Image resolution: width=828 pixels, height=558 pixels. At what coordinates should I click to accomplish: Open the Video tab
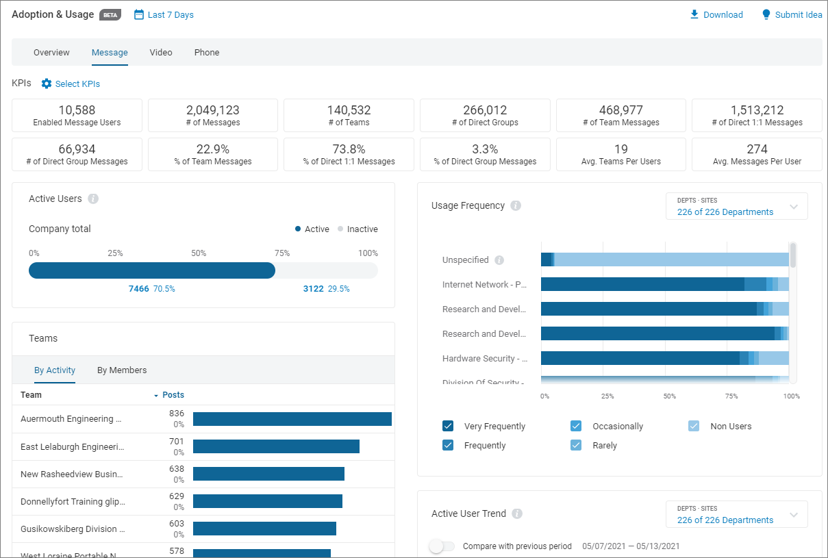coord(161,53)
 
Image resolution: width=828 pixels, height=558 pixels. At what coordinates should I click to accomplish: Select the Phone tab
coord(207,53)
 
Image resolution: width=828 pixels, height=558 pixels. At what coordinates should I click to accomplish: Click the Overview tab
coord(51,53)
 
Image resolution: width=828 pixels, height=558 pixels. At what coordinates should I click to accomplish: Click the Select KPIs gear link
coord(71,84)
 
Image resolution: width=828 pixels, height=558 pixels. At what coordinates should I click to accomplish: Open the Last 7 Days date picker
coord(164,15)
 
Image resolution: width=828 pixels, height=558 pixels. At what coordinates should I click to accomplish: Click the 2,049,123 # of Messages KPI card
coord(213,115)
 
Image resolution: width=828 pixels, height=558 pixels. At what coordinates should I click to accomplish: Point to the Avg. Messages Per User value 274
coord(757,149)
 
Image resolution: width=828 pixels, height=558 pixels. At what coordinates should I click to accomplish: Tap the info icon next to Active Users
coord(93,199)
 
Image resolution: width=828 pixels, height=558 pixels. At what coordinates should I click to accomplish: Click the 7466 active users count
coord(139,289)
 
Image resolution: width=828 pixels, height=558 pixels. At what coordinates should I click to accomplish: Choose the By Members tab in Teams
coord(122,370)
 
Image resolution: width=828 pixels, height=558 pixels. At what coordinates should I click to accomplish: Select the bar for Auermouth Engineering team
coord(292,419)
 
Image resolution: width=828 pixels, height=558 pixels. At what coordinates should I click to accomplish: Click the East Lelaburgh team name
coord(73,446)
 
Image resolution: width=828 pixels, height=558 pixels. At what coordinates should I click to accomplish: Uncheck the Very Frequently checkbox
coord(448,427)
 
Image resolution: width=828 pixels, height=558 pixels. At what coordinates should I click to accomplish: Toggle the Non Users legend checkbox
coord(694,427)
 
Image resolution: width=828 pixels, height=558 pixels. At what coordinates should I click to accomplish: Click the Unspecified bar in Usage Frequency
coord(664,259)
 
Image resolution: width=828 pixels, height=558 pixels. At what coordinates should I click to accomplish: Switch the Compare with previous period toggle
coord(442,546)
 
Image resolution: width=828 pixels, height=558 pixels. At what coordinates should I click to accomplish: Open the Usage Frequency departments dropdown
coord(736,206)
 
